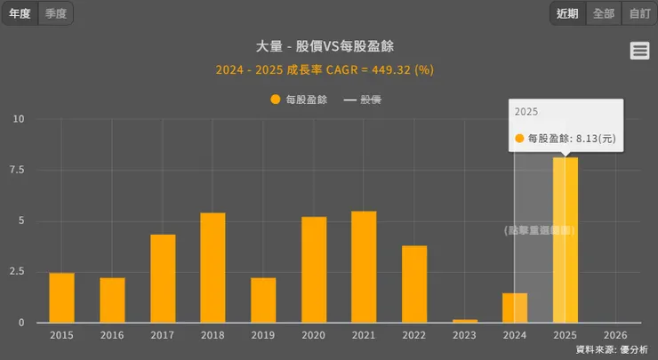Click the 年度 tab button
(x=20, y=13)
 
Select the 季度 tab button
(x=56, y=13)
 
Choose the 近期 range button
(x=567, y=13)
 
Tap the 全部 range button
(x=603, y=13)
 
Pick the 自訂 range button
(x=639, y=13)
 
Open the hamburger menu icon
(x=639, y=51)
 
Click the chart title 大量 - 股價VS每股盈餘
(x=325, y=46)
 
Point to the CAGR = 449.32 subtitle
(x=325, y=68)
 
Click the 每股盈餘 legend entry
(x=299, y=100)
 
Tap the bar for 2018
(x=213, y=268)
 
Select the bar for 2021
(x=364, y=267)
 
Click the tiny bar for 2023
(x=465, y=320)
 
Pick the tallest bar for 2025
(x=566, y=240)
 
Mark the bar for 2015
(x=61, y=298)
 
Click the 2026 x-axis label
(x=615, y=335)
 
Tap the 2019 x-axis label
(x=263, y=335)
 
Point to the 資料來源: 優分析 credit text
(x=612, y=349)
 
